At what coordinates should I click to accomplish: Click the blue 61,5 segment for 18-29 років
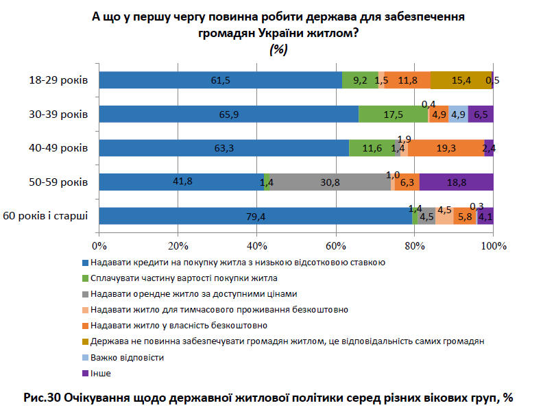point(220,80)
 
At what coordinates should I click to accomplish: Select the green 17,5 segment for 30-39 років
point(393,114)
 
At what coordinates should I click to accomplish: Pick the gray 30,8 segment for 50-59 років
point(330,182)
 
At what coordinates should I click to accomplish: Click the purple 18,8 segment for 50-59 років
point(456,182)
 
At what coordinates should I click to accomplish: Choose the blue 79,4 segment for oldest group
point(255,216)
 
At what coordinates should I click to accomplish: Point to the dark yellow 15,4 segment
point(461,80)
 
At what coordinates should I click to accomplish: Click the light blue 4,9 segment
point(458,114)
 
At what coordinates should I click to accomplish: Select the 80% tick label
point(414,246)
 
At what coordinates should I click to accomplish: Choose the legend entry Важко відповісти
point(127,358)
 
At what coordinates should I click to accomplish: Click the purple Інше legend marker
point(85,374)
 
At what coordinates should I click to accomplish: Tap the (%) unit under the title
point(278,49)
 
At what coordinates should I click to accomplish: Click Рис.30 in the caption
point(42,397)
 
